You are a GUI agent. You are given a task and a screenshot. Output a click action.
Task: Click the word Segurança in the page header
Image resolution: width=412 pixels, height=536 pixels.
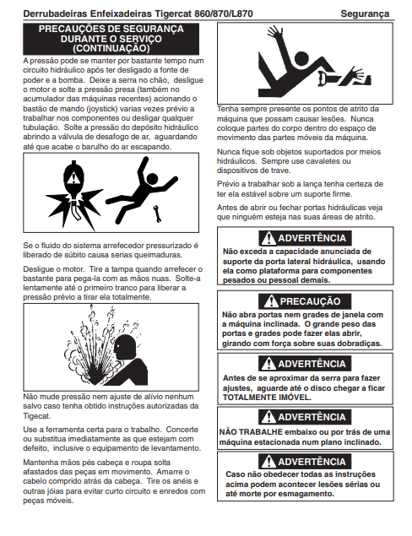click(365, 14)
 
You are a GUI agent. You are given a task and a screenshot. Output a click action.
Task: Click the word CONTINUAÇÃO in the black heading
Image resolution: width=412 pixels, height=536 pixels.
click(111, 48)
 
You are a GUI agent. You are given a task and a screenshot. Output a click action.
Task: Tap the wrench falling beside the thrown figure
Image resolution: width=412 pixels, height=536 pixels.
click(157, 214)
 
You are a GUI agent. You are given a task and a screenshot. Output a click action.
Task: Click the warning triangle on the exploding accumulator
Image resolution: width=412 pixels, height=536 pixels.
click(73, 179)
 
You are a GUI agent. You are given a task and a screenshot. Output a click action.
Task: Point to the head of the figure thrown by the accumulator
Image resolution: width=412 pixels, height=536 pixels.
click(151, 178)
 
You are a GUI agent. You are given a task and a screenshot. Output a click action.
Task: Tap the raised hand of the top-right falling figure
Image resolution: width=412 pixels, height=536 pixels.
click(274, 31)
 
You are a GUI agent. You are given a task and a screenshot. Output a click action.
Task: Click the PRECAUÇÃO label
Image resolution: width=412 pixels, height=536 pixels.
click(310, 301)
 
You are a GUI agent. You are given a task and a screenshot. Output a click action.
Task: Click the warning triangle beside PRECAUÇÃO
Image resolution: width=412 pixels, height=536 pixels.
click(272, 301)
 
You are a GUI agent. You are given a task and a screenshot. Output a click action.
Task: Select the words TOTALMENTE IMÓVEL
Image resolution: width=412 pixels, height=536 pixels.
click(267, 398)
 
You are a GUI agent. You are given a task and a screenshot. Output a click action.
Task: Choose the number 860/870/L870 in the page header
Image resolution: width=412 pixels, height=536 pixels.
click(224, 14)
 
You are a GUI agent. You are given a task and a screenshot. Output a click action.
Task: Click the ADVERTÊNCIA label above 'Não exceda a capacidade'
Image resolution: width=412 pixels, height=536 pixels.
click(312, 238)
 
